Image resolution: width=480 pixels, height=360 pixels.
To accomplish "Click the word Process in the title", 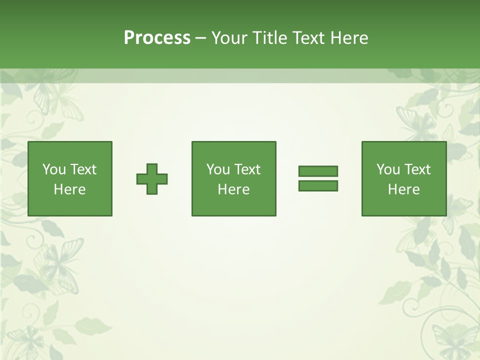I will tap(157, 38).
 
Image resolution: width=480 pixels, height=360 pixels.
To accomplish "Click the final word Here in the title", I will tap(349, 38).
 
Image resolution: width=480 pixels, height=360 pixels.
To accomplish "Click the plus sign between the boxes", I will tap(152, 179).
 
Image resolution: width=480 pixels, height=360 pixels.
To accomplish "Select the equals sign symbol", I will tap(318, 178).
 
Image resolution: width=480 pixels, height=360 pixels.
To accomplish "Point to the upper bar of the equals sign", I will tap(318, 171).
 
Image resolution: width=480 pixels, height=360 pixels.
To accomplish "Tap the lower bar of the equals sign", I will tap(318, 185).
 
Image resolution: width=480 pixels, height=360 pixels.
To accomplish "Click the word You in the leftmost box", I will tap(54, 169).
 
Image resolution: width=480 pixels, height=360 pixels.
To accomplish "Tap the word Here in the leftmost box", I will tap(70, 189).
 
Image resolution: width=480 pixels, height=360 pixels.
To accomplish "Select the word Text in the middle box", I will tap(247, 169).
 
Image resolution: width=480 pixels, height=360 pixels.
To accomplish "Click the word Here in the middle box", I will tap(234, 189).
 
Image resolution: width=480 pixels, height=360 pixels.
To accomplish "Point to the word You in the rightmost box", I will tap(388, 169).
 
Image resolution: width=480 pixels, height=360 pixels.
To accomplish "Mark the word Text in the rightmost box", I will tap(417, 169).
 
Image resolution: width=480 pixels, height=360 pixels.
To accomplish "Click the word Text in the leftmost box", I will tap(83, 169).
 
